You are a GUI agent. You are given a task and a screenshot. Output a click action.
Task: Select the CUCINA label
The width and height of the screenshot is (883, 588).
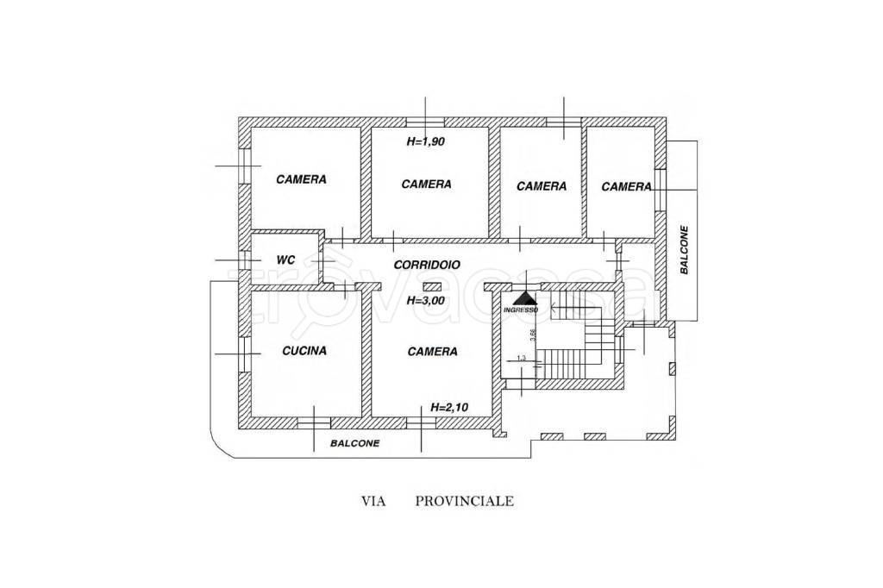click(x=304, y=351)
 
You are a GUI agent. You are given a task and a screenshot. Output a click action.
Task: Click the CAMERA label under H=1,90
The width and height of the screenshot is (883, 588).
click(x=427, y=184)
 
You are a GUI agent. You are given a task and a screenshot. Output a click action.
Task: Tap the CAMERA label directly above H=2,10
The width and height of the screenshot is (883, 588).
click(x=433, y=352)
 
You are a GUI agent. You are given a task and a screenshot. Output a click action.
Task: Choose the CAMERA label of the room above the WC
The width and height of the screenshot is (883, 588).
click(x=301, y=179)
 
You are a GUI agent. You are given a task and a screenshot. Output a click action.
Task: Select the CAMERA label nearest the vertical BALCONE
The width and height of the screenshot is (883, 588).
click(x=626, y=186)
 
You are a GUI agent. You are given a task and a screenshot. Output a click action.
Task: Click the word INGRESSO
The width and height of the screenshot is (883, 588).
click(x=521, y=310)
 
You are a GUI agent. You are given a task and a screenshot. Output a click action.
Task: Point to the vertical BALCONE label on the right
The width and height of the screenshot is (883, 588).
click(x=685, y=250)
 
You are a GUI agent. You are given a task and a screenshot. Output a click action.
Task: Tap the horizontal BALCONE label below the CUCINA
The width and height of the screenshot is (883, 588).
click(x=355, y=444)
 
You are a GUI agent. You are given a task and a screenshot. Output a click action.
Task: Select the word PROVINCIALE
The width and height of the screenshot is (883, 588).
click(x=465, y=500)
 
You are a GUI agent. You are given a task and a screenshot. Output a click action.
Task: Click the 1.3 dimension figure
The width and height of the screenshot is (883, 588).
click(x=520, y=359)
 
